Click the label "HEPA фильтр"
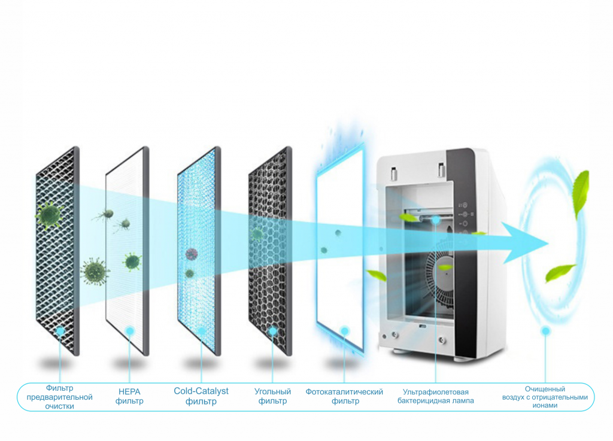click(129, 396)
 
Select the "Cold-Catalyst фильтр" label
click(201, 396)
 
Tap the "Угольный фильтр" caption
click(272, 396)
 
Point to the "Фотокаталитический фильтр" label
click(344, 396)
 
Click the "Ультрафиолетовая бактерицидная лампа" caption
click(435, 396)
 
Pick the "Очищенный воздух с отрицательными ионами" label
click(544, 397)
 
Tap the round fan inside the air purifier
click(443, 275)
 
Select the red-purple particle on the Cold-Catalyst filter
click(192, 254)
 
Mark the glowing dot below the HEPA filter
click(129, 331)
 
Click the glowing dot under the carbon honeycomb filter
click(273, 331)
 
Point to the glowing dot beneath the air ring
click(545, 331)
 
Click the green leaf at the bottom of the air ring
click(560, 272)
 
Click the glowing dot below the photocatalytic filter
click(344, 331)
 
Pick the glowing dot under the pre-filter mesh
click(59, 331)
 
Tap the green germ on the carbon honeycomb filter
click(258, 233)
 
